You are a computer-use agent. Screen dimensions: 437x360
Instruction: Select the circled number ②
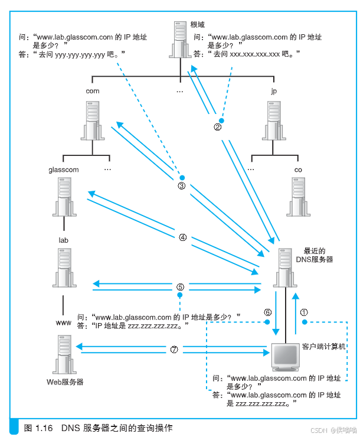(x=218, y=126)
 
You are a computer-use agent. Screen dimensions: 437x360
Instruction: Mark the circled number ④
(x=182, y=237)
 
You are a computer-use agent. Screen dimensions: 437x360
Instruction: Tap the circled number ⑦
(x=174, y=349)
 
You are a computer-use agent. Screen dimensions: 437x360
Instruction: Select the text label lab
(x=64, y=241)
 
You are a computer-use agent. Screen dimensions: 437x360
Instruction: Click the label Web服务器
(x=65, y=382)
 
